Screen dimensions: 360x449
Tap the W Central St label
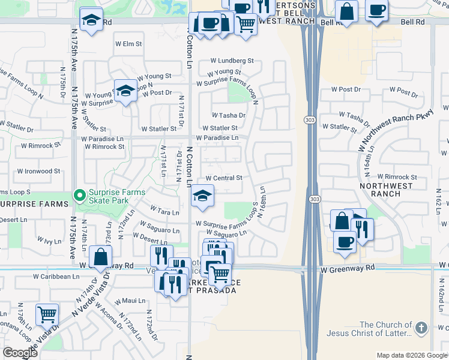pos(223,178)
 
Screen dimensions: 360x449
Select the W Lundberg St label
pos(232,61)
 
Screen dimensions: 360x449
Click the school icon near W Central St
pos(202,197)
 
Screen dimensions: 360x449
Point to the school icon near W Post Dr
pos(125,91)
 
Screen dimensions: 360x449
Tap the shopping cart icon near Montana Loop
pos(47,313)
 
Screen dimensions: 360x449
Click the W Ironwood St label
pos(38,171)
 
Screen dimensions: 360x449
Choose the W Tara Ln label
pos(167,212)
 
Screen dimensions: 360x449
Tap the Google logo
pos(20,353)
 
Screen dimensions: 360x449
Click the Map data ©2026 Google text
pos(411,355)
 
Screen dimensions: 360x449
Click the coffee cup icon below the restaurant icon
pos(345,241)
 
